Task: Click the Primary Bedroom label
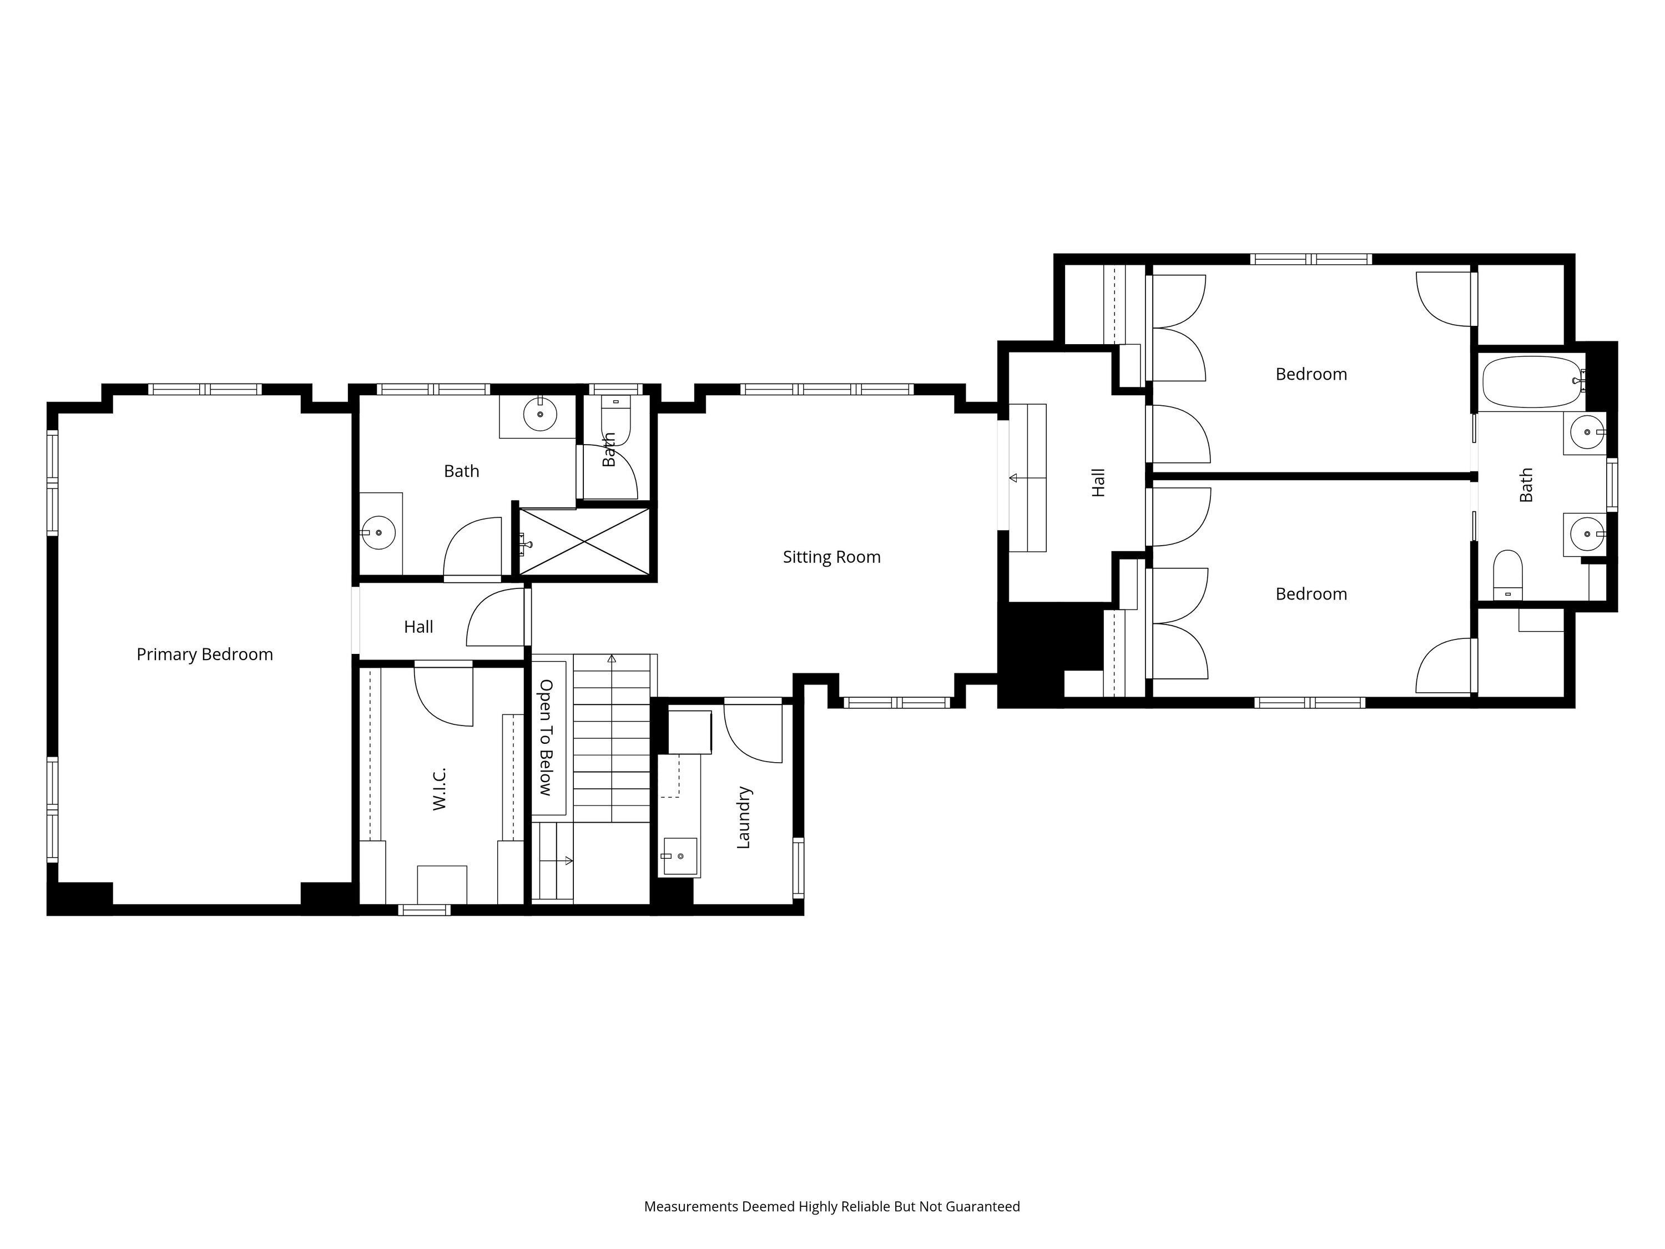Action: (x=205, y=654)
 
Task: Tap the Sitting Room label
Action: (x=832, y=557)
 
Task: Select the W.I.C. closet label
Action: (x=440, y=789)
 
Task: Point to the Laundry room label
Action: (x=744, y=818)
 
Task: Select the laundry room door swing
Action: (x=753, y=733)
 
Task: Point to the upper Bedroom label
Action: (x=1311, y=374)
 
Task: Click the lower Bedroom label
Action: (x=1311, y=594)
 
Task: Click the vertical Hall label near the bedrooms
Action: (x=1098, y=482)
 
